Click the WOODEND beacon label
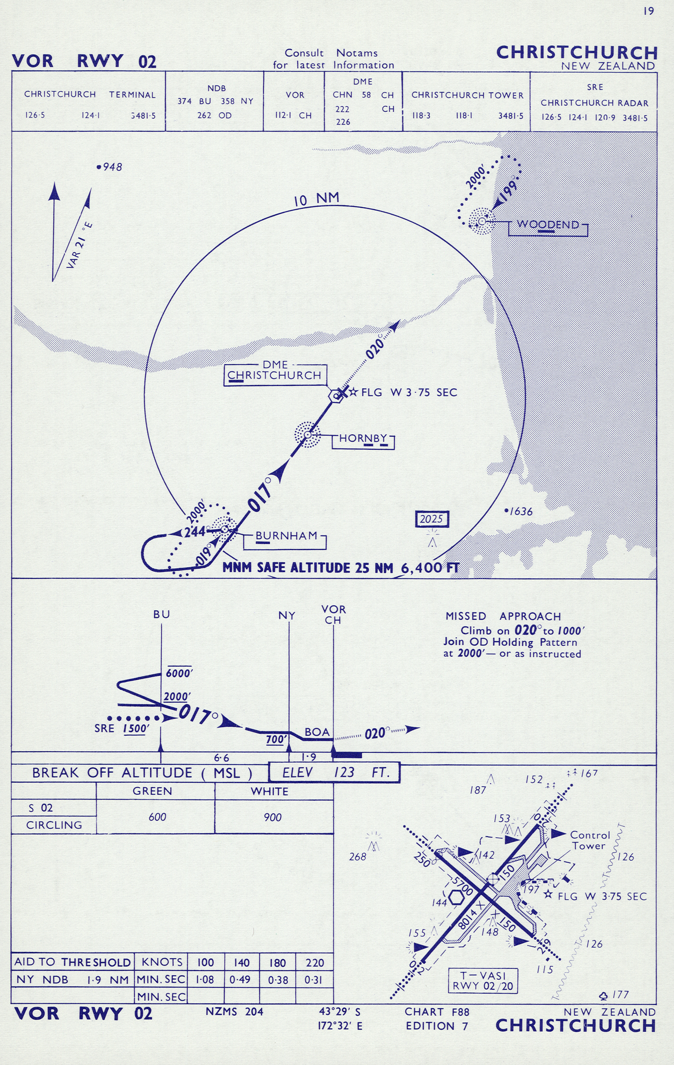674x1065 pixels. (548, 225)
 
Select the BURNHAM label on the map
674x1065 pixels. (286, 536)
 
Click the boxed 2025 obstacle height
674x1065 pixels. (431, 519)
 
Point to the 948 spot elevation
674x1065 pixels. (112, 167)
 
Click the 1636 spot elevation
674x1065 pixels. (521, 511)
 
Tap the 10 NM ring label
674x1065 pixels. (317, 199)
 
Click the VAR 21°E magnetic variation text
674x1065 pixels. (79, 246)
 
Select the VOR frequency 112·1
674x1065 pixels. (282, 116)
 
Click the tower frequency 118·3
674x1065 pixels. (421, 116)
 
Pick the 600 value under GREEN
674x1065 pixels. (157, 817)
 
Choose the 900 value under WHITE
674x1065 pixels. (272, 817)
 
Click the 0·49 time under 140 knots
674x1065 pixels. (240, 980)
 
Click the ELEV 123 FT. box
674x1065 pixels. (335, 773)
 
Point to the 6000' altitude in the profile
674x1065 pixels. (179, 673)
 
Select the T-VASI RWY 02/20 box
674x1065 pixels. (483, 981)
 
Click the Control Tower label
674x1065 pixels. (590, 840)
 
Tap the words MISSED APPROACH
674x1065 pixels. (503, 616)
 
